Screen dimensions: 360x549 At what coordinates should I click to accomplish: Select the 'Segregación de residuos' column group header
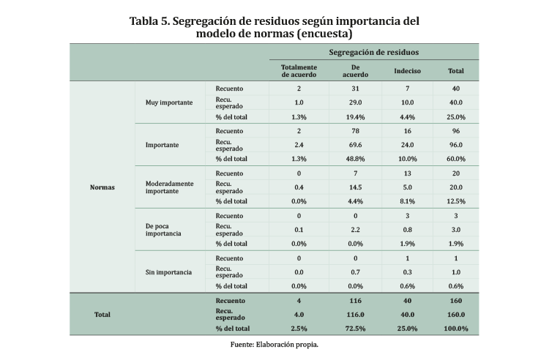pyautogui.click(x=374, y=52)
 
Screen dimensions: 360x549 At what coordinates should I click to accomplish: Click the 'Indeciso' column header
pyautogui.click(x=407, y=70)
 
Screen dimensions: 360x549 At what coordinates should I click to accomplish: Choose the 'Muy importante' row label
pyautogui.click(x=170, y=102)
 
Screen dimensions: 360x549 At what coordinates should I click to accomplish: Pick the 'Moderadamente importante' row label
pyautogui.click(x=170, y=187)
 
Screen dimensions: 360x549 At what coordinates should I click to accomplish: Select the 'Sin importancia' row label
pyautogui.click(x=169, y=272)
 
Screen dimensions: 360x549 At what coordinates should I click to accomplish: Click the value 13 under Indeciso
pyautogui.click(x=407, y=173)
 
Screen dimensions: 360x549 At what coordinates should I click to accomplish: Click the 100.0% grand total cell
pyautogui.click(x=455, y=329)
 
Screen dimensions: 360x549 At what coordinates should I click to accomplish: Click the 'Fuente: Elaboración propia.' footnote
pyautogui.click(x=274, y=343)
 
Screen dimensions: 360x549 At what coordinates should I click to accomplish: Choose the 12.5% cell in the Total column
pyautogui.click(x=455, y=201)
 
